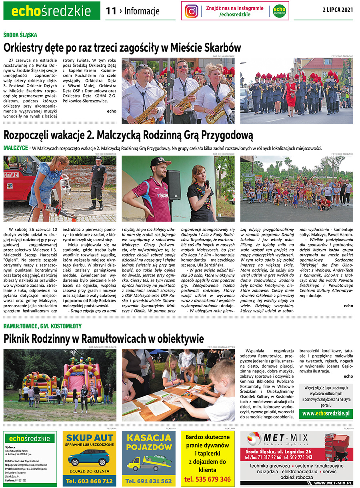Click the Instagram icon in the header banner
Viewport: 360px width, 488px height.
[x=192, y=11]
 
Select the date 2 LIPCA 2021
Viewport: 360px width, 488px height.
[x=338, y=10]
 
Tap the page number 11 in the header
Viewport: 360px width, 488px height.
[x=111, y=11]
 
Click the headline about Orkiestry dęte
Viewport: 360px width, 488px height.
[x=122, y=48]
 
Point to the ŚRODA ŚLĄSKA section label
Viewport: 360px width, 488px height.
[x=21, y=35]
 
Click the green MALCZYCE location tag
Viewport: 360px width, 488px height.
[x=15, y=148]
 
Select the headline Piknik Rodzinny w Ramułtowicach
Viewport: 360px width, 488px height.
[x=104, y=339]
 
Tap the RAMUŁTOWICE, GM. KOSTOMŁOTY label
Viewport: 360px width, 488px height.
[x=42, y=326]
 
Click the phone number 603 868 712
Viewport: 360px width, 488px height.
[x=90, y=481]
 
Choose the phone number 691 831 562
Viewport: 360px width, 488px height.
[x=148, y=481]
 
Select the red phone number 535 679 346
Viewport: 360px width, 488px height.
[x=208, y=479]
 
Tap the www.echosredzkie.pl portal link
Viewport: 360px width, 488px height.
[x=326, y=413]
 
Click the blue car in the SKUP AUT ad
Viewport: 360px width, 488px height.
[x=89, y=457]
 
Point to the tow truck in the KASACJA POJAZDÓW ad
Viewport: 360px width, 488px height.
[x=148, y=462]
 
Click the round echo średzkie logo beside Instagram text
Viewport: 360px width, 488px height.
[x=280, y=11]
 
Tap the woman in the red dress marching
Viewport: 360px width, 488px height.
[x=291, y=92]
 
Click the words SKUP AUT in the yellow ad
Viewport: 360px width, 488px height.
[x=89, y=437]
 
